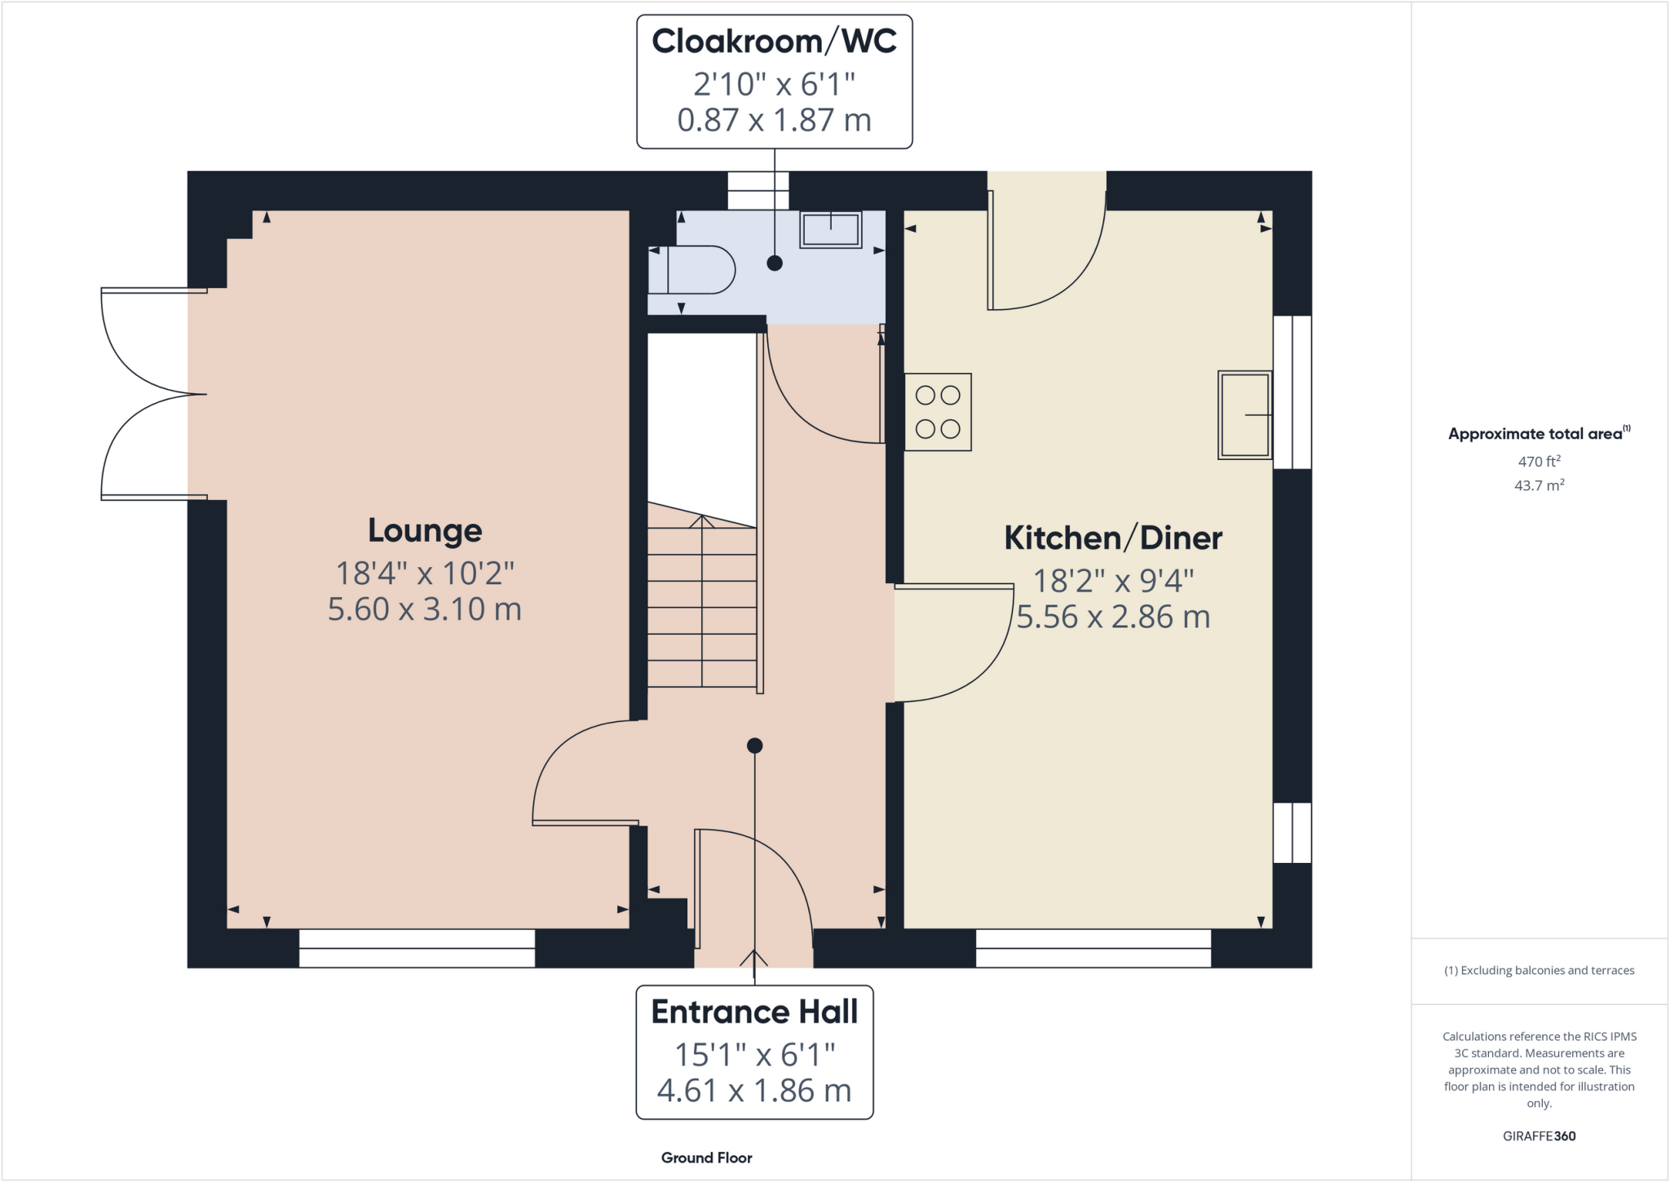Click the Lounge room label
[425, 530]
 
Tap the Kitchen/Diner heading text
[1113, 538]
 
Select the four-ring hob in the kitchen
[938, 412]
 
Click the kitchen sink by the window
[1245, 414]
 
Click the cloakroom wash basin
[830, 229]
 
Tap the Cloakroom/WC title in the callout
[774, 42]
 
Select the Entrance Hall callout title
[754, 1012]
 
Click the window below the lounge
[417, 949]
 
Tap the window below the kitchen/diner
[1093, 949]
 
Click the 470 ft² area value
[1539, 462]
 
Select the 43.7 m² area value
[1539, 485]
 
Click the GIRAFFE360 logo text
[1539, 1136]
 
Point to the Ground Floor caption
[706, 1158]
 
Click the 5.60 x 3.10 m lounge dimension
[425, 609]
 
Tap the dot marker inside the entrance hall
[754, 746]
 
